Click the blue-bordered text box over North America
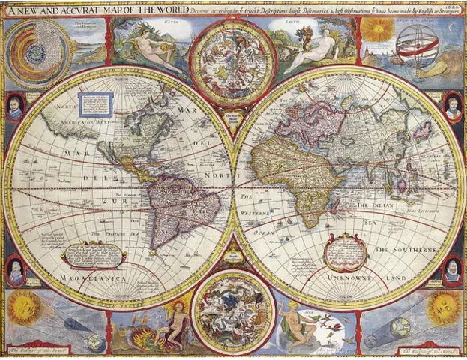click(x=96, y=105)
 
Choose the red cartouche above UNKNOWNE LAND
click(x=346, y=250)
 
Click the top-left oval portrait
click(x=15, y=107)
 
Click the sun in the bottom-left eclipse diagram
click(x=25, y=307)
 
